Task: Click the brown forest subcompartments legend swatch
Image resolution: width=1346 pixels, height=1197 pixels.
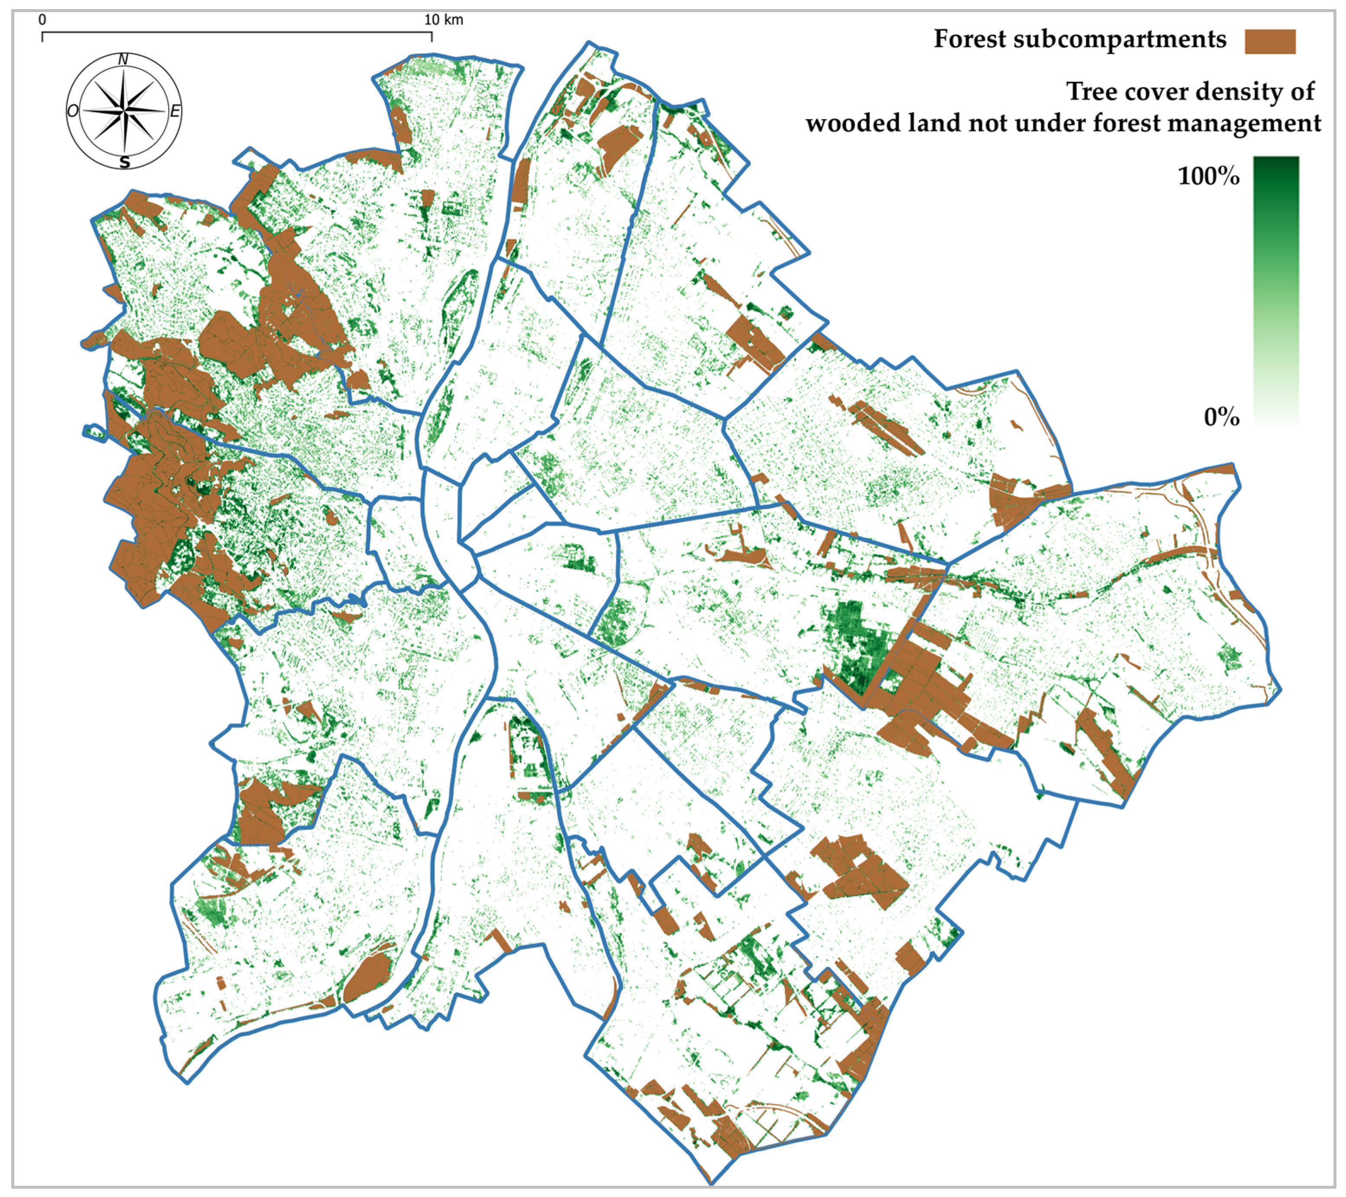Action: pyautogui.click(x=1270, y=42)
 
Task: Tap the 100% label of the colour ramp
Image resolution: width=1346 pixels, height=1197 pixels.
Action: pyautogui.click(x=1208, y=177)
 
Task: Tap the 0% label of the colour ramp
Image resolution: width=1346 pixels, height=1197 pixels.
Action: pyautogui.click(x=1221, y=417)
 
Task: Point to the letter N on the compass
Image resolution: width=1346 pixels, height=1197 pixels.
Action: pyautogui.click(x=123, y=60)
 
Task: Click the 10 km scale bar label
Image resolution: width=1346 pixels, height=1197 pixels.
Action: pyautogui.click(x=443, y=20)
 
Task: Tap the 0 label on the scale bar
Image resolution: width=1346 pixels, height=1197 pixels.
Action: pyautogui.click(x=42, y=20)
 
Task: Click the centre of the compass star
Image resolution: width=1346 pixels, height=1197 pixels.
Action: pyautogui.click(x=125, y=111)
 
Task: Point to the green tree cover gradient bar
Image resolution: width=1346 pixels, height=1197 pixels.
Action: pyautogui.click(x=1275, y=290)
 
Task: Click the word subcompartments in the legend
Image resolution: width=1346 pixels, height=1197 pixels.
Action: pyautogui.click(x=1120, y=39)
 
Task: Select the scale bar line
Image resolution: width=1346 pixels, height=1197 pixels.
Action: pyautogui.click(x=237, y=32)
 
